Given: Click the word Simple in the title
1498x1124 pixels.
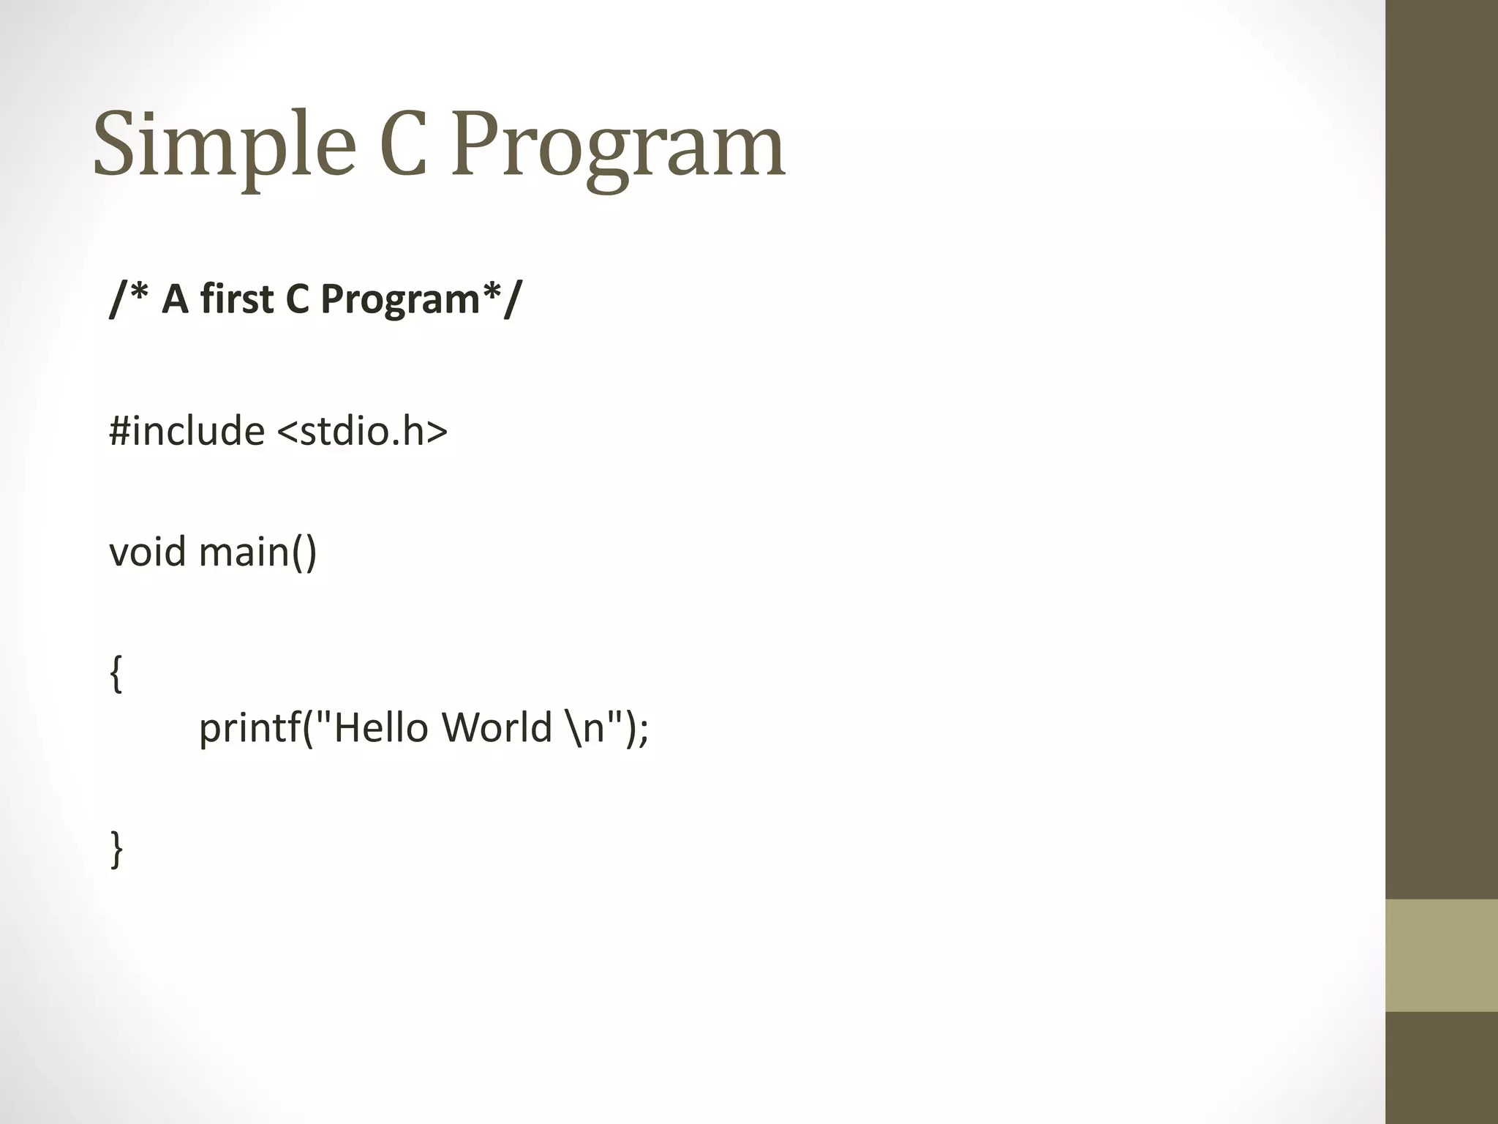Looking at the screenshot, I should [224, 145].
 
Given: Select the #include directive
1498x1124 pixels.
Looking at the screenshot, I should [187, 430].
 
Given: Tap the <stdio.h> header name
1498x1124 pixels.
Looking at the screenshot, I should [362, 430].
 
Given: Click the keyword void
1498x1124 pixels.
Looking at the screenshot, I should [147, 551].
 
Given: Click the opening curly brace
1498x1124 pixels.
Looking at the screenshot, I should [116, 673].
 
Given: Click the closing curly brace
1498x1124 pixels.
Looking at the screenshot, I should [116, 849].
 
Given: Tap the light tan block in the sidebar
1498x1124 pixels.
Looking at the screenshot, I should [1441, 955].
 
